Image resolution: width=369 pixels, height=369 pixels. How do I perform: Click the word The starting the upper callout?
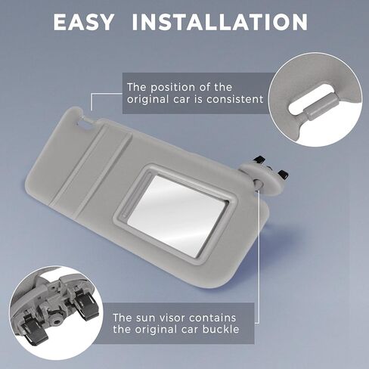pos(138,87)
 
